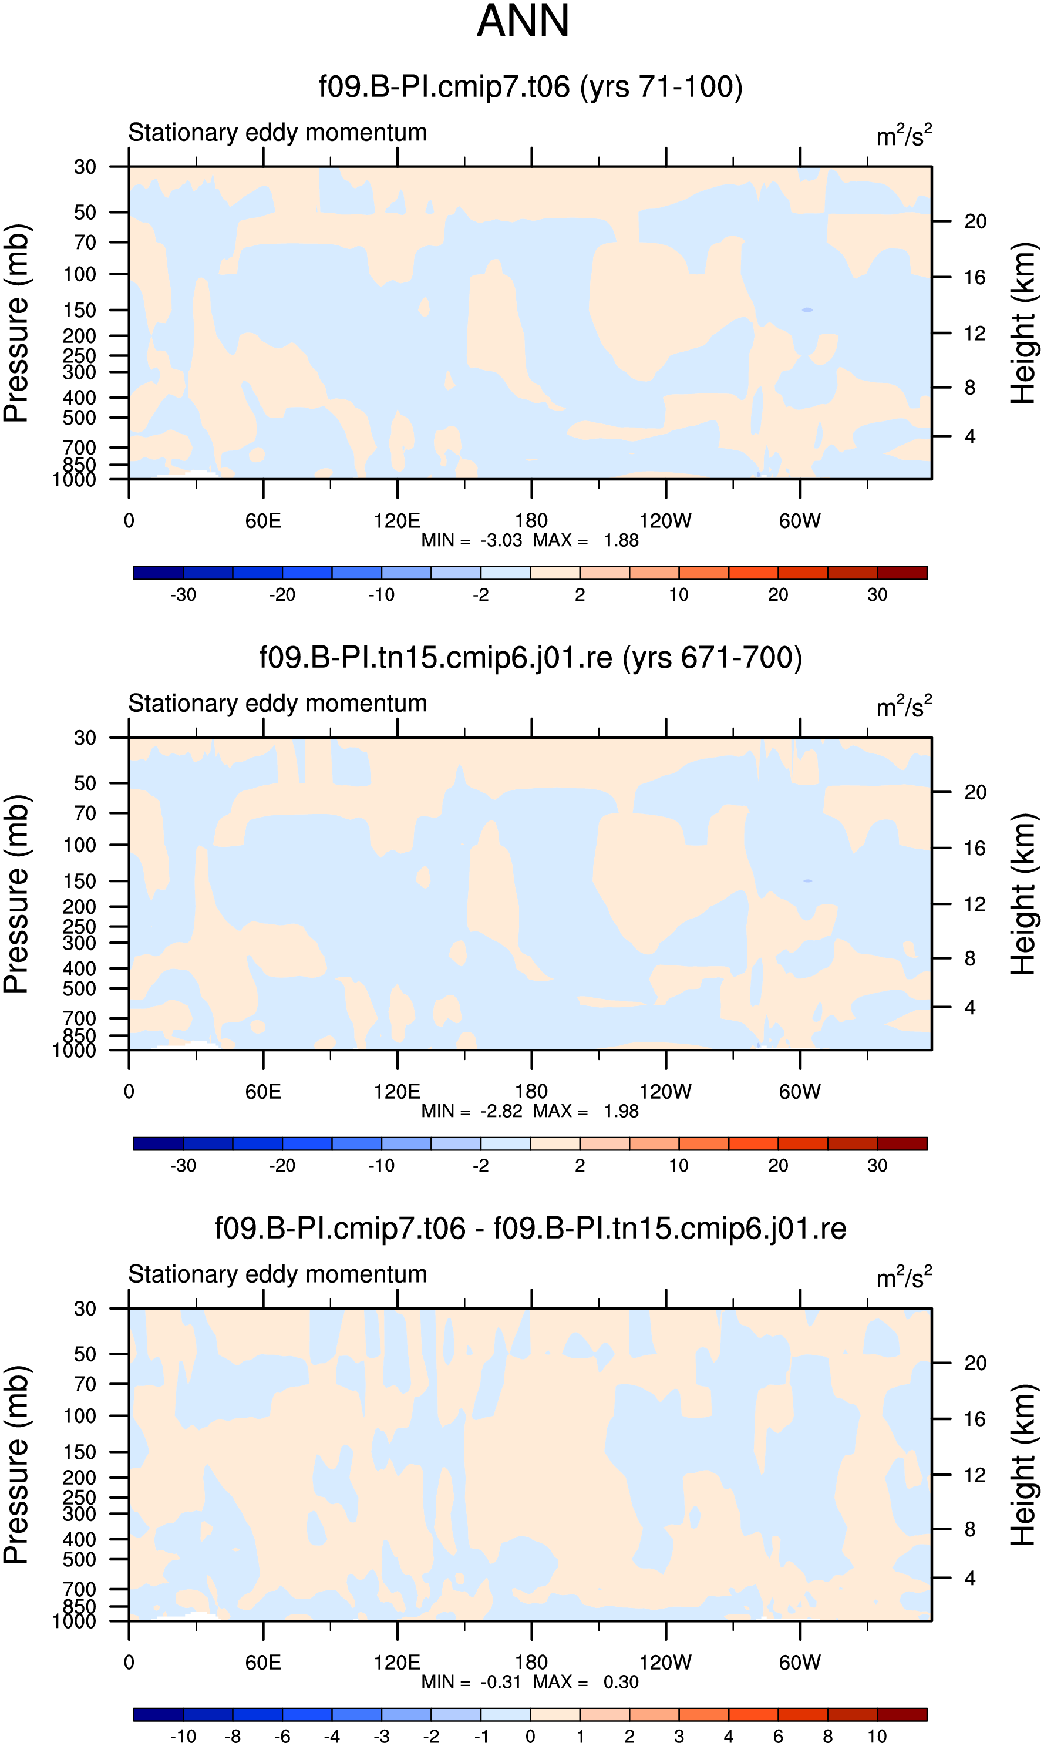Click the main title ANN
pos(523,21)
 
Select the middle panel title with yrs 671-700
pos(530,658)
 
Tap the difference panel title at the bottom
pos(530,1228)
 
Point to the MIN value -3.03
pos(501,540)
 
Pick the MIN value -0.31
pos(501,1681)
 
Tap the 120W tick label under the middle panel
pos(665,1091)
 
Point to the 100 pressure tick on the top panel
pos(79,274)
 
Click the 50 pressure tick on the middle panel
pos(85,783)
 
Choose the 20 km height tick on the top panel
pos(975,221)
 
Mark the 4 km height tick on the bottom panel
pos(970,1578)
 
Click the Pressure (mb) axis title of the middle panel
pos(16,893)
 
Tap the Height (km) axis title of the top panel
pos(1023,323)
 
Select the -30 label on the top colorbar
pos(183,594)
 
